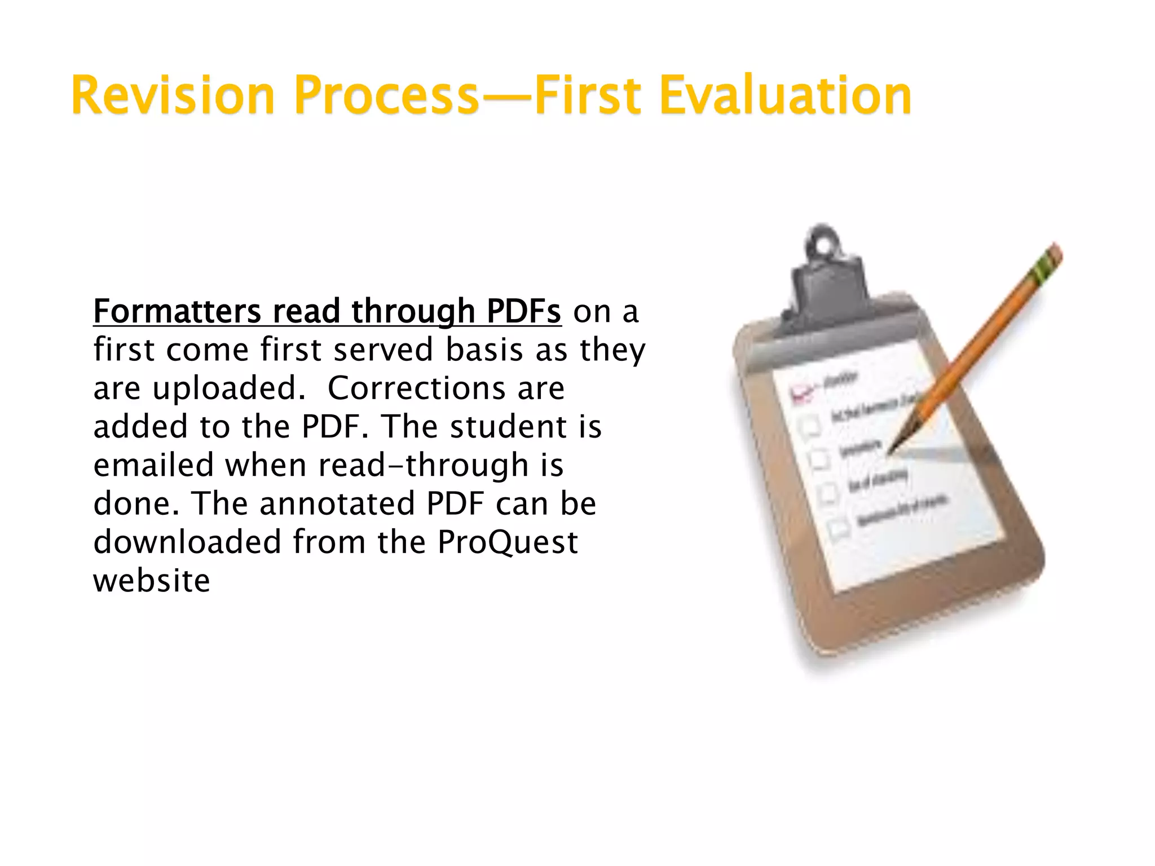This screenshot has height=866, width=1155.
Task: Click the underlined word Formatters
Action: pos(177,311)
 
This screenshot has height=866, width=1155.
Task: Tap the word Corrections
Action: pos(417,388)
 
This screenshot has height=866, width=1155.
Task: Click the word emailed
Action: pos(153,465)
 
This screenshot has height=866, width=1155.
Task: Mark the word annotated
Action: pos(337,503)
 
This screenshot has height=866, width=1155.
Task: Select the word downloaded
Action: pos(187,542)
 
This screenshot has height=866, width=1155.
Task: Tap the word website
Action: pos(152,581)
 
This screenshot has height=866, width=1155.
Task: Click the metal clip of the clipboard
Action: pos(827,276)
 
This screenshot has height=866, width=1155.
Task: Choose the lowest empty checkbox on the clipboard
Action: pos(839,529)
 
